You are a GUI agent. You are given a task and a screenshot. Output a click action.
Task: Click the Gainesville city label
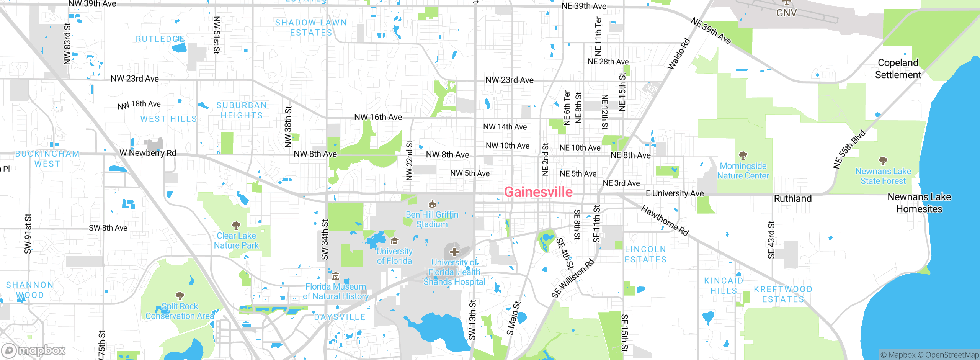coord(538,192)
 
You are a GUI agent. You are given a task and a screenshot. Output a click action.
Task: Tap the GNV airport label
coord(786,13)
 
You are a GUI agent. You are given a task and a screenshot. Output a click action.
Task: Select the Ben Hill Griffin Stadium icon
coord(432,204)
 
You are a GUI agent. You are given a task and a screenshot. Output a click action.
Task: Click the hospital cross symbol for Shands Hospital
coord(454,252)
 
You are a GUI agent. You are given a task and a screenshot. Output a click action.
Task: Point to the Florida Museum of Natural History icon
coord(336,276)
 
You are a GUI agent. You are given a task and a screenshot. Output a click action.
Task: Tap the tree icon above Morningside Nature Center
coord(743,155)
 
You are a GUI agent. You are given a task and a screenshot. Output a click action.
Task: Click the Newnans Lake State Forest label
coord(883,176)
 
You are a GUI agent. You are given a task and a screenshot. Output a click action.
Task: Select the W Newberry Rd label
coord(148,153)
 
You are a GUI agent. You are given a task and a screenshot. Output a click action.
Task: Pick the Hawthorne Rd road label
coord(665,221)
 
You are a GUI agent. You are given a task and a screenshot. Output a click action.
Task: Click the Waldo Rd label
coord(679,54)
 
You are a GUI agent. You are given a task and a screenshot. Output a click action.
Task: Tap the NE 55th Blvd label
coord(849,149)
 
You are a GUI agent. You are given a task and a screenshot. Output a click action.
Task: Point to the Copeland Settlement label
coord(898,69)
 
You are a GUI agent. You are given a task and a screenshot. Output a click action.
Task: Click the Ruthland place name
coord(792,199)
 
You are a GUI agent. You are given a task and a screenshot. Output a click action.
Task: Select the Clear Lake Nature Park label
coord(236,241)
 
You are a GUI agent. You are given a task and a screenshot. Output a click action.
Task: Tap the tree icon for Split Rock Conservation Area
coord(180,296)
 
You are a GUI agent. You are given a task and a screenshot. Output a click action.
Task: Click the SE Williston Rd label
coord(573,278)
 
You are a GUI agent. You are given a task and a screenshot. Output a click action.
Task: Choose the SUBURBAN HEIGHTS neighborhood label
coord(242,110)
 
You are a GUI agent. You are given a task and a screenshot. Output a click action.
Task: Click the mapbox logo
coord(34,350)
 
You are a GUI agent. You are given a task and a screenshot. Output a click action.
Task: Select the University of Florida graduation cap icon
coord(394,241)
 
